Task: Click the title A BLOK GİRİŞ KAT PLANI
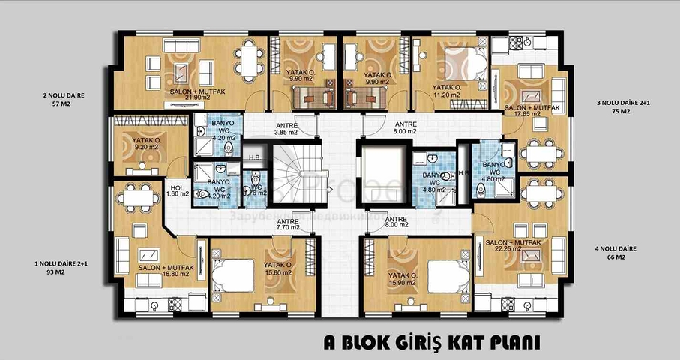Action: [x=432, y=343]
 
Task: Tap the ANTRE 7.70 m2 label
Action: [x=288, y=224]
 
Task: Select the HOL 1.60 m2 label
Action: [x=178, y=190]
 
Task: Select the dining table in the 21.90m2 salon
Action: [x=249, y=56]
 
